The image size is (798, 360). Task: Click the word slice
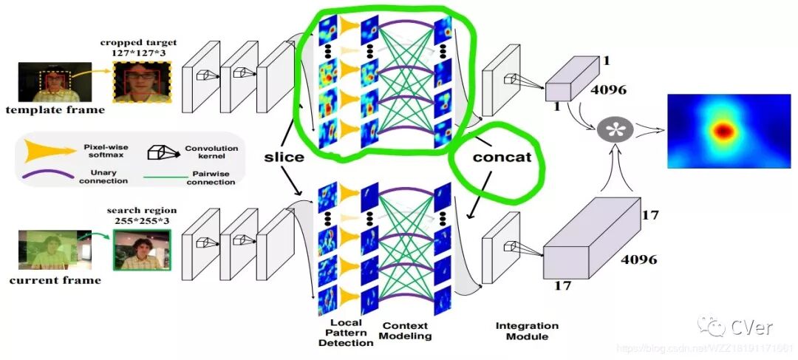(284, 157)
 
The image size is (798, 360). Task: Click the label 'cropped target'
(140, 42)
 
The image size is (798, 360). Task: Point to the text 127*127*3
(140, 53)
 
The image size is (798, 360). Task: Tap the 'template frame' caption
(55, 110)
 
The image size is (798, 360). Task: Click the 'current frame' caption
(55, 281)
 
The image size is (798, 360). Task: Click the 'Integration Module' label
(527, 331)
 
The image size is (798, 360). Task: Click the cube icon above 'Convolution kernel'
(157, 152)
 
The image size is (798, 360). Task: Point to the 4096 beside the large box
(638, 260)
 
